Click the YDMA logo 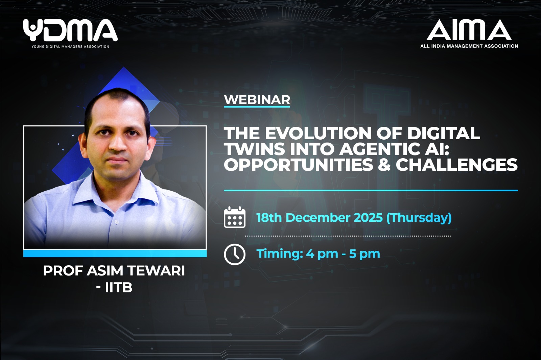tap(70, 30)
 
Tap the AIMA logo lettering tap(469, 30)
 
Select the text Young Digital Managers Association tap(70, 46)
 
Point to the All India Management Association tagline tap(469, 46)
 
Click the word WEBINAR tap(257, 99)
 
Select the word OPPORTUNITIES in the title tap(299, 164)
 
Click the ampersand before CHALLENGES tap(384, 164)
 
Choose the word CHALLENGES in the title tap(456, 164)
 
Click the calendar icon tap(235, 217)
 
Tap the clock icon tap(235, 255)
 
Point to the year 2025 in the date tap(368, 218)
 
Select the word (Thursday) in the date tap(419, 218)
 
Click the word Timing tap(280, 254)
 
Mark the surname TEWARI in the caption tap(156, 271)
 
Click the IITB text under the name tap(119, 288)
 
